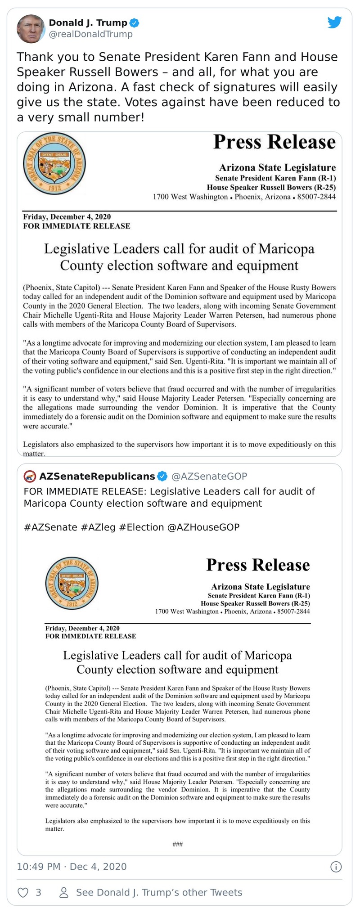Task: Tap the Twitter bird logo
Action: click(334, 22)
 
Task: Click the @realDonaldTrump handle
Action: click(90, 34)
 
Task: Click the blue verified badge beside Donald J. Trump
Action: click(134, 22)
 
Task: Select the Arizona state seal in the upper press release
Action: click(54, 163)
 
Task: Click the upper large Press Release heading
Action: click(274, 142)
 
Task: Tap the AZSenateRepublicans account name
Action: click(97, 476)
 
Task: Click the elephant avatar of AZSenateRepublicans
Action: click(30, 476)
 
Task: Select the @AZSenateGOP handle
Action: click(209, 476)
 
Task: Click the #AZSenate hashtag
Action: click(50, 527)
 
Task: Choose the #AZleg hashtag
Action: click(98, 527)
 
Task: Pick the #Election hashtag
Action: click(141, 527)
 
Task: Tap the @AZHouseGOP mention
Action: click(203, 527)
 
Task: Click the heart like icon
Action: click(22, 892)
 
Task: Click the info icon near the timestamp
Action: click(336, 867)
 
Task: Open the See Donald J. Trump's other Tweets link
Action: click(159, 892)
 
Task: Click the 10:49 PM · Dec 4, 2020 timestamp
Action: click(72, 867)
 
